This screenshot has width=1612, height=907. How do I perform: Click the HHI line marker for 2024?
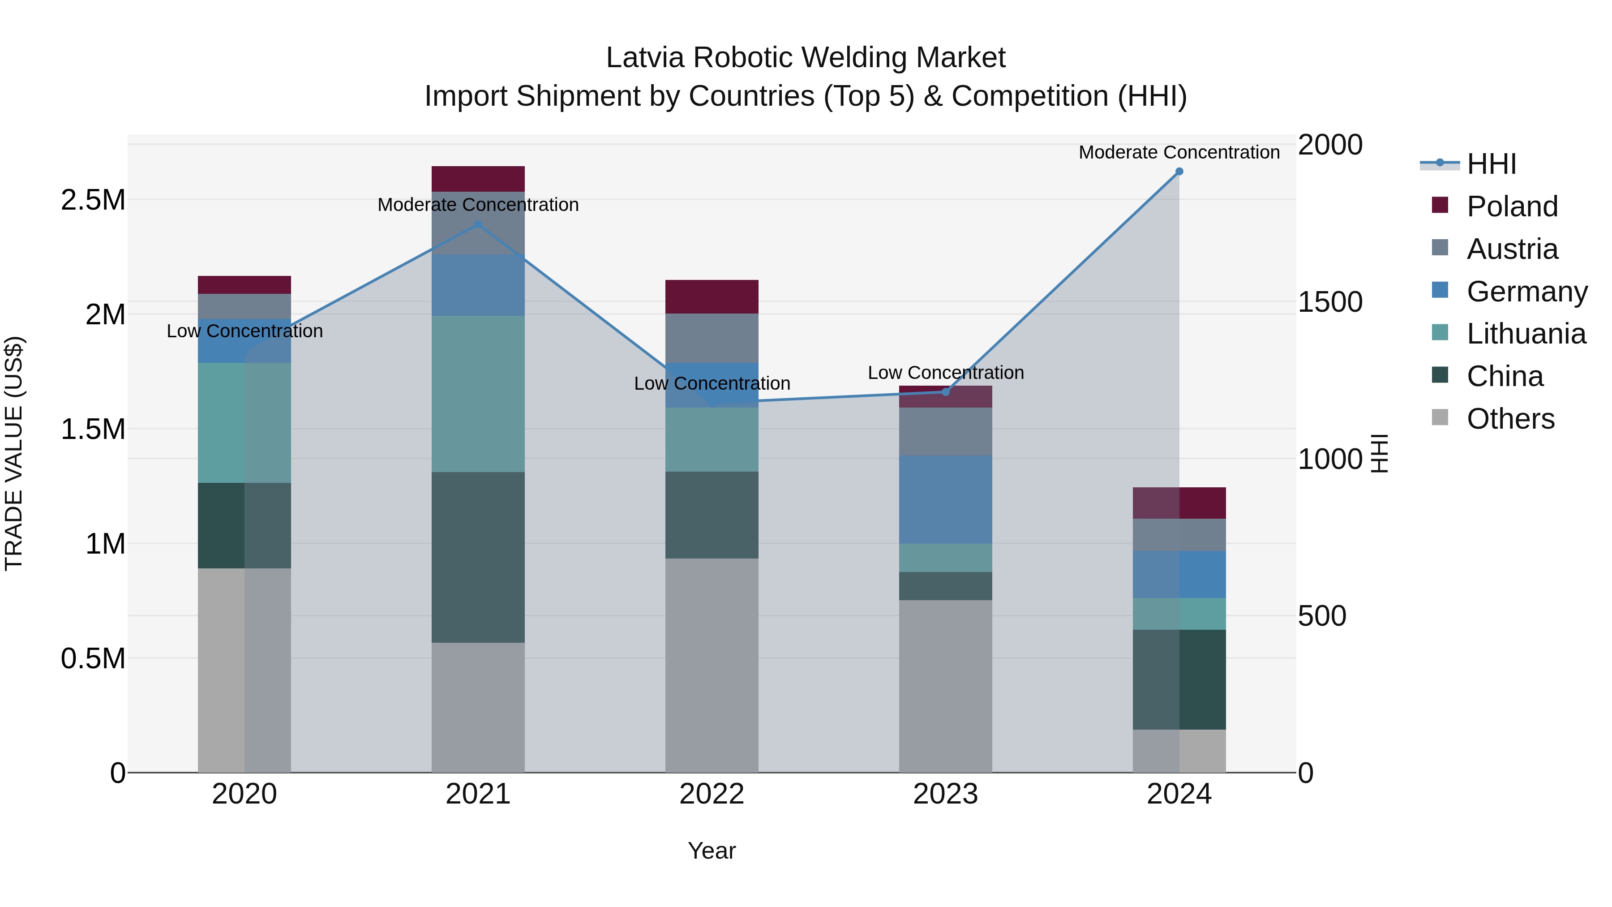[x=1179, y=172]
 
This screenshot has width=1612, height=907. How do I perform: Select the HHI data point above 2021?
[x=478, y=224]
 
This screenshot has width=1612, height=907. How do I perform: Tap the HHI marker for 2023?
[x=946, y=392]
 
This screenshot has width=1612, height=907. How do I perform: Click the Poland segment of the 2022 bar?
[x=712, y=297]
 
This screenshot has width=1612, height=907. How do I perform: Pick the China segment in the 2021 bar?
[x=478, y=557]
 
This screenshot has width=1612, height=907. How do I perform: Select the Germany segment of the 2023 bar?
[x=946, y=499]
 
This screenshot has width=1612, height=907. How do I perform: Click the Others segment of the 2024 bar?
[x=1179, y=751]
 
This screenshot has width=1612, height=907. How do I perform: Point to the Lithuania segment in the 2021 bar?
[x=478, y=394]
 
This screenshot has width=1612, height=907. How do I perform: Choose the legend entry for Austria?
[x=1511, y=249]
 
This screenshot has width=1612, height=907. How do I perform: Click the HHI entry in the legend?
[x=1491, y=164]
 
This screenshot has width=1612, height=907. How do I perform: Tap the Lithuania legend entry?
[x=1526, y=334]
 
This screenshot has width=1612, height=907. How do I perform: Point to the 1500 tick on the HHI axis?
[x=1330, y=302]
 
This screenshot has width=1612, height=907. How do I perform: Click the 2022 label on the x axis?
[x=712, y=794]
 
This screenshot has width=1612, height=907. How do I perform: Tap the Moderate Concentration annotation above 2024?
[x=1179, y=152]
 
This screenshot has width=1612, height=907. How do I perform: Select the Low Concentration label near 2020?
[x=244, y=331]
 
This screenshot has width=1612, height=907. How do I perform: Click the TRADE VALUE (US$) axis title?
[x=14, y=453]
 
